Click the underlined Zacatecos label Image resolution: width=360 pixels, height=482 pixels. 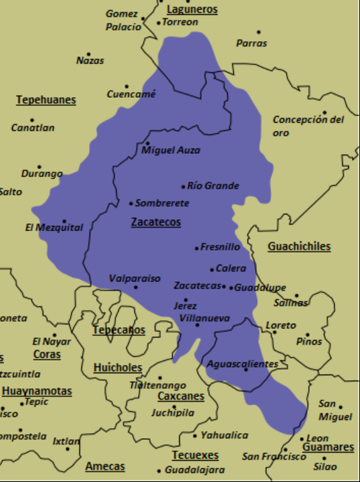click(x=156, y=222)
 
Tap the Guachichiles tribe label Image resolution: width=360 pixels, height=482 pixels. click(x=299, y=247)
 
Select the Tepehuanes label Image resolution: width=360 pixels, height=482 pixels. click(x=46, y=100)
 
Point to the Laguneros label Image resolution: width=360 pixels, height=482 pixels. click(x=192, y=9)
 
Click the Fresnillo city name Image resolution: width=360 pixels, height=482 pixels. click(x=220, y=247)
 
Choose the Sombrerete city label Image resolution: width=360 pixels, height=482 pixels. click(x=162, y=204)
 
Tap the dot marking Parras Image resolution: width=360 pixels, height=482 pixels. click(x=258, y=32)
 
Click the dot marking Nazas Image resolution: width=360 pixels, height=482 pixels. click(x=89, y=54)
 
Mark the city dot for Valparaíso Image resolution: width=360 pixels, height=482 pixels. click(x=135, y=287)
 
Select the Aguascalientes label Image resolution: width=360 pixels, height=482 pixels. click(x=242, y=364)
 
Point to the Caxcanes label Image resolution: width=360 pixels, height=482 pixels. click(x=181, y=396)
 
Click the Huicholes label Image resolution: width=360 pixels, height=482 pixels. click(x=118, y=368)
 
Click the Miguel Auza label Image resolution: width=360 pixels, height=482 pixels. click(x=171, y=150)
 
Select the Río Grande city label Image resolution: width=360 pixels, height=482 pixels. click(x=213, y=186)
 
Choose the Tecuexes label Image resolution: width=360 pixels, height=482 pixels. click(x=194, y=455)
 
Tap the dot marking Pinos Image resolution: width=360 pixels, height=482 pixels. click(x=309, y=333)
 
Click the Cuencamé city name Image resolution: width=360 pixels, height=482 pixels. click(x=131, y=94)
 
